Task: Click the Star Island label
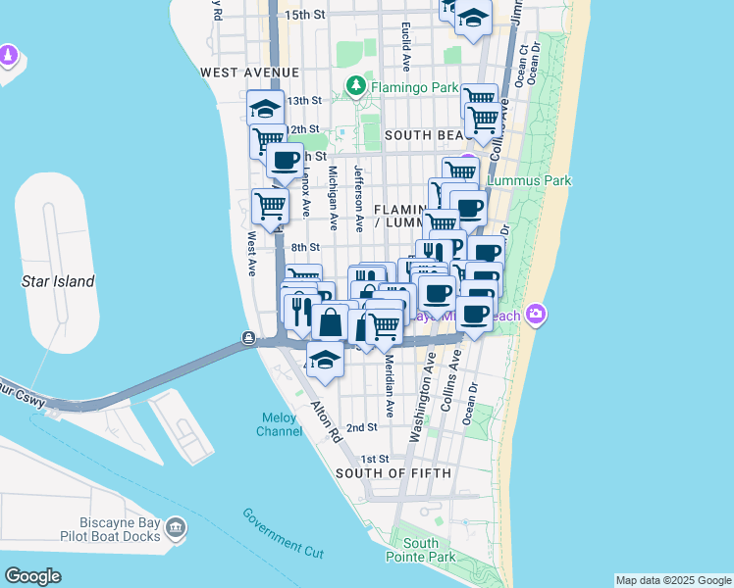tap(58, 281)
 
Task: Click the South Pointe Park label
tap(422, 550)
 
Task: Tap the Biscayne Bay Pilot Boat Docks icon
tap(176, 530)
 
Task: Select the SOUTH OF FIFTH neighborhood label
tap(393, 473)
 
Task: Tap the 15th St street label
tap(304, 15)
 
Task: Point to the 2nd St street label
tap(362, 427)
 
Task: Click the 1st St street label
tap(375, 459)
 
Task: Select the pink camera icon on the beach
tap(536, 315)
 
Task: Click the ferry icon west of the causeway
tap(250, 340)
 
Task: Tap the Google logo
tap(33, 576)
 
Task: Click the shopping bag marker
tap(332, 322)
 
